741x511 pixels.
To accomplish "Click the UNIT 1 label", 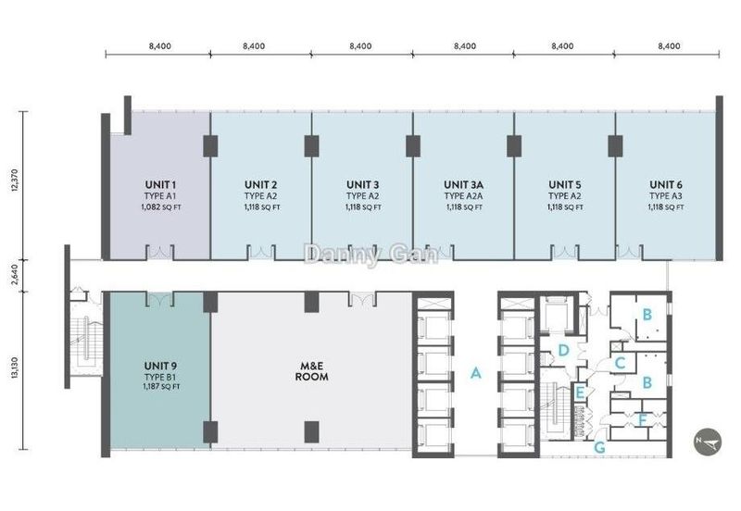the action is [x=160, y=184].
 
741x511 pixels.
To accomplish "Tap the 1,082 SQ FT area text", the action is [x=160, y=207].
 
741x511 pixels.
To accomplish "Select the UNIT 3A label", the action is [x=464, y=184].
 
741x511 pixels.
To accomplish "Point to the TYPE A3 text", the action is [x=666, y=196].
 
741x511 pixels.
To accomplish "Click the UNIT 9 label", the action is [x=160, y=366].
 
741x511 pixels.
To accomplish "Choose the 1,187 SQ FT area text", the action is [x=160, y=387].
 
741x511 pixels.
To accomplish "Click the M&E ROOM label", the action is [x=311, y=371].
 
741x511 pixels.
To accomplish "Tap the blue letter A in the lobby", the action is [x=476, y=373].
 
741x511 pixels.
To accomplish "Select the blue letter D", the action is [x=563, y=351].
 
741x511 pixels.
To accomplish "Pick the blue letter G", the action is [x=599, y=447].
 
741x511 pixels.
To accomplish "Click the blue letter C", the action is [x=620, y=363].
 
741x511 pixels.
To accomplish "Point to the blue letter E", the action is [x=580, y=393].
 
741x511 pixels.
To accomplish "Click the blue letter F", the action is [x=642, y=419].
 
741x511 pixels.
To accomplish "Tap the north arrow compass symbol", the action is [x=709, y=441].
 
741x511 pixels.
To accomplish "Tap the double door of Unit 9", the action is [x=159, y=299].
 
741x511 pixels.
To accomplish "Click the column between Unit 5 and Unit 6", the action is [x=615, y=146].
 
